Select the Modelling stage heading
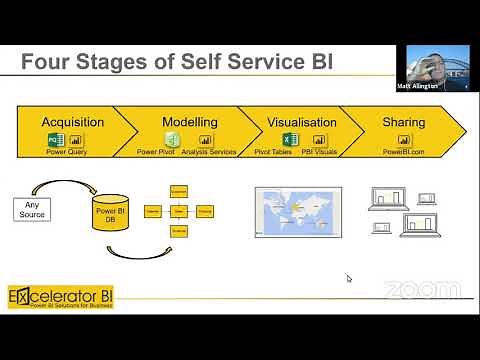tap(189, 122)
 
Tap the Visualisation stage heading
tap(301, 122)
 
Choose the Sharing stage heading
tap(403, 122)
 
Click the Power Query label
tap(68, 152)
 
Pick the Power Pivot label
tap(155, 152)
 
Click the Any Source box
tap(32, 209)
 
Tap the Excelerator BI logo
tap(59, 298)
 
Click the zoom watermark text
tap(421, 290)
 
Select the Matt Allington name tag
tap(431, 87)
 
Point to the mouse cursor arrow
tap(349, 279)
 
